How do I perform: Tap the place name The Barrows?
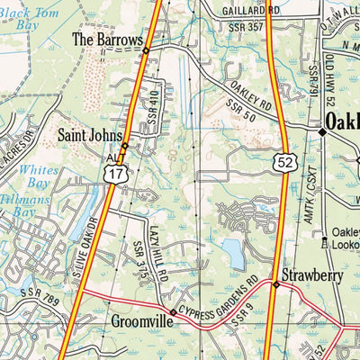(107, 40)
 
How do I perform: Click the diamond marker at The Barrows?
(145, 51)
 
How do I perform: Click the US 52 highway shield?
(284, 161)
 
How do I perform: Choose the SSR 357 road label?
(247, 27)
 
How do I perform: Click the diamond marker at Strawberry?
(276, 284)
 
